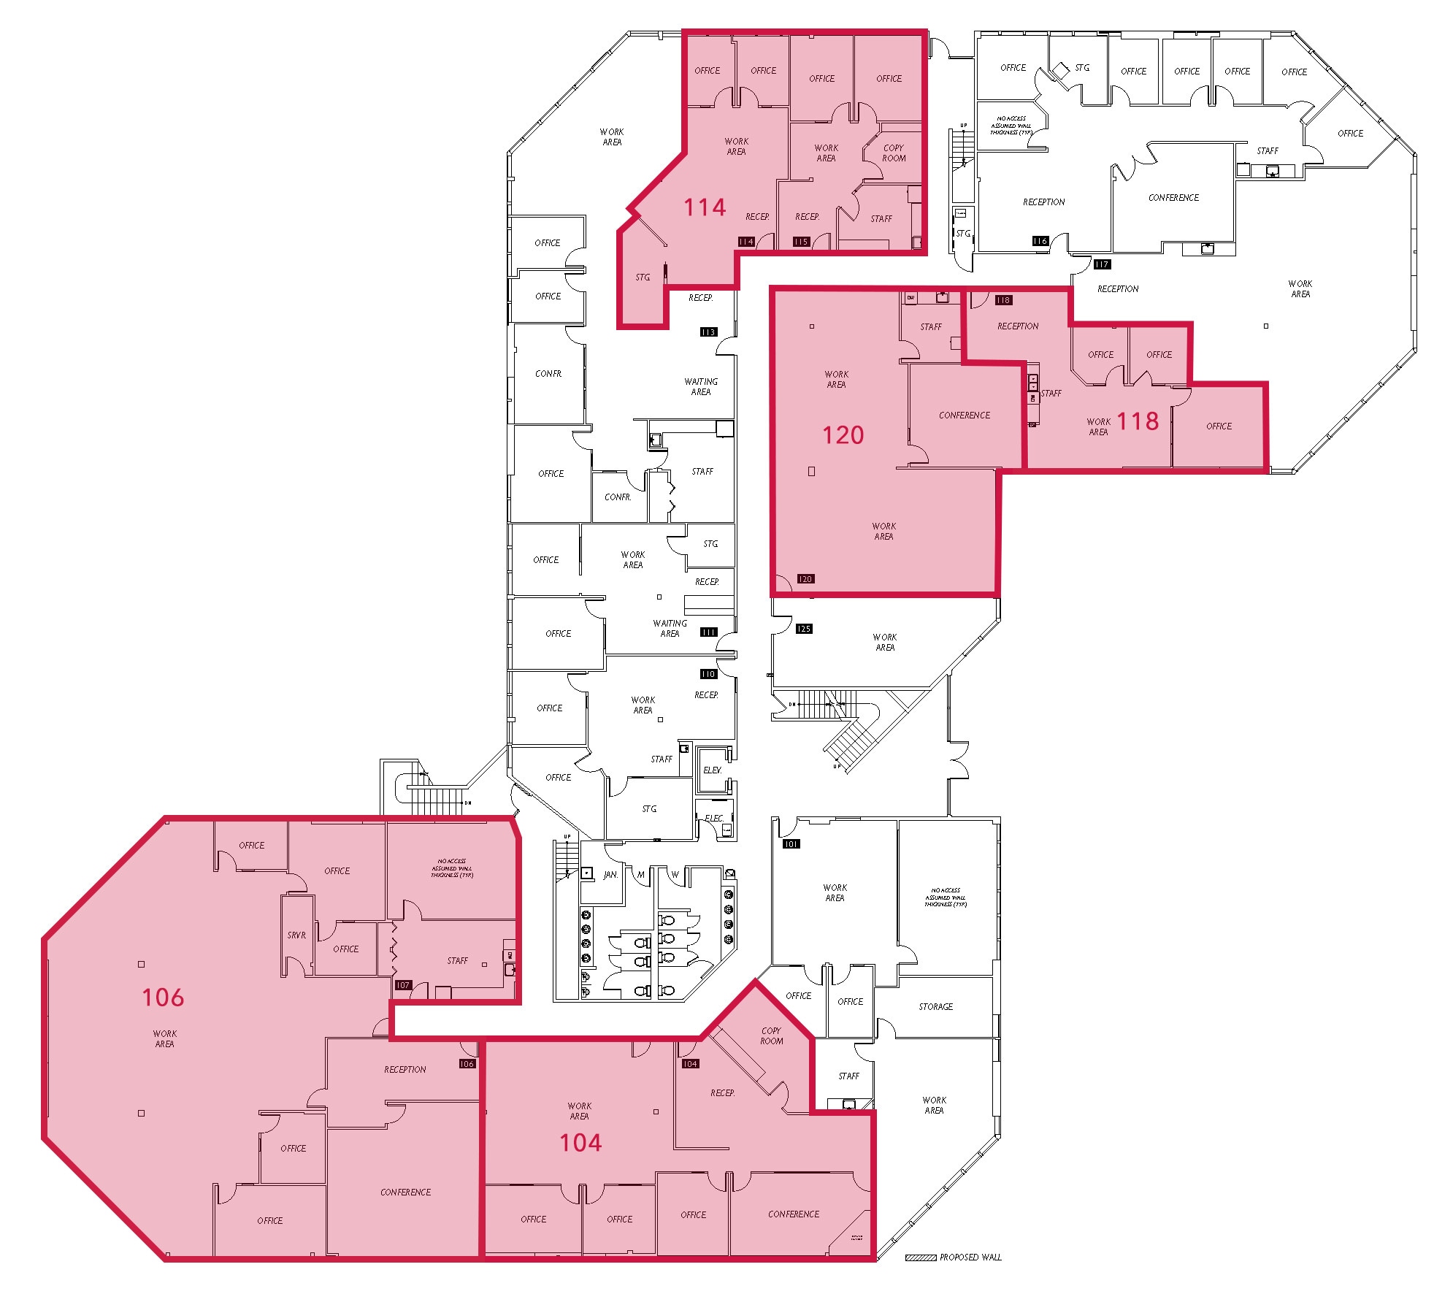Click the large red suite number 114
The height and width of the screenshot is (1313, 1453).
pyautogui.click(x=705, y=207)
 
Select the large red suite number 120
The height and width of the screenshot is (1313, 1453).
pyautogui.click(x=843, y=435)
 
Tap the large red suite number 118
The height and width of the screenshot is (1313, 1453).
pyautogui.click(x=1138, y=421)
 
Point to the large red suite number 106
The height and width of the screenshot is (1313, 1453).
pyautogui.click(x=163, y=998)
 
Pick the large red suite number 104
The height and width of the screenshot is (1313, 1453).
pyautogui.click(x=580, y=1143)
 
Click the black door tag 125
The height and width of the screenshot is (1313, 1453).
pyautogui.click(x=804, y=629)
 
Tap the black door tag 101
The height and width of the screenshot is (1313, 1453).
pyautogui.click(x=791, y=844)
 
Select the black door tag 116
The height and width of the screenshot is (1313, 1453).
pyautogui.click(x=1040, y=241)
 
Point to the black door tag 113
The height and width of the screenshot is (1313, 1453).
pyautogui.click(x=708, y=332)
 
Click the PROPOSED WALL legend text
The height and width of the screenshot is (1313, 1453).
pyautogui.click(x=970, y=1258)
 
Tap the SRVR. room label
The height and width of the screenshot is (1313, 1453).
pyautogui.click(x=296, y=935)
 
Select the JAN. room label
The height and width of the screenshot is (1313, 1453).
pyautogui.click(x=610, y=875)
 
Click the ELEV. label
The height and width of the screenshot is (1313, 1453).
pyautogui.click(x=712, y=770)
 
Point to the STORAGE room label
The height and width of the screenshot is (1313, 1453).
pyautogui.click(x=935, y=1007)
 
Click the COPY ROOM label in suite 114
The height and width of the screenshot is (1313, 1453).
pyautogui.click(x=894, y=153)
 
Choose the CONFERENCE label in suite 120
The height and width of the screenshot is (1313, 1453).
pyautogui.click(x=965, y=416)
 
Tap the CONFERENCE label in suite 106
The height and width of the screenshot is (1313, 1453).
pyautogui.click(x=405, y=1193)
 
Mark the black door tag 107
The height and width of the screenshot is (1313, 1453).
pyautogui.click(x=402, y=985)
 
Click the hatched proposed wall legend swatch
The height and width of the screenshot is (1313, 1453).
pyautogui.click(x=920, y=1258)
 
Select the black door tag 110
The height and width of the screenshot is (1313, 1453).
pyautogui.click(x=708, y=674)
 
